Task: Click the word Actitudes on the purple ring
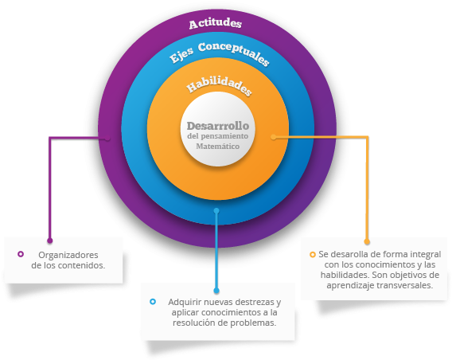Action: [216, 23]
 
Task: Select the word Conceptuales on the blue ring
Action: [233, 53]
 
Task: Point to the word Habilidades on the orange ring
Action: [219, 85]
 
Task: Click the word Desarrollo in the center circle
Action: [218, 126]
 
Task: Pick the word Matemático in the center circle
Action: [217, 147]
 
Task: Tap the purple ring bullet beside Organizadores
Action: [21, 254]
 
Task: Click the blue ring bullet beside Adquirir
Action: [153, 302]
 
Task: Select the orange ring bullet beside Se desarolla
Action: [313, 255]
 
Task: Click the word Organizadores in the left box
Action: [68, 255]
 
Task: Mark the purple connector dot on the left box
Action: [50, 241]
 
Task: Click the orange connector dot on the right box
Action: [367, 241]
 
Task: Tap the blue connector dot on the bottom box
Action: [216, 291]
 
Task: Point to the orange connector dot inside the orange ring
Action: [273, 137]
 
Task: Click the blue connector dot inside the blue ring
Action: [216, 211]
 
